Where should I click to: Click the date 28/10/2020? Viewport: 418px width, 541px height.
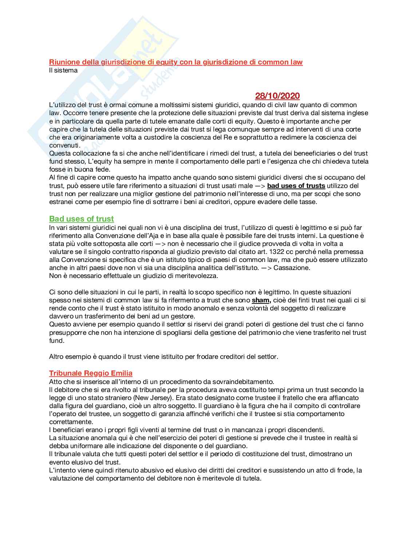[277, 96]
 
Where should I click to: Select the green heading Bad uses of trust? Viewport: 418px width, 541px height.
[82, 219]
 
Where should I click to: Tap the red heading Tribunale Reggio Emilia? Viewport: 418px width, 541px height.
[91, 373]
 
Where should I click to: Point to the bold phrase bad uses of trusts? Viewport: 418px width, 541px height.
[296, 186]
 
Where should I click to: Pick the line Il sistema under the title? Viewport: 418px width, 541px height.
[63, 70]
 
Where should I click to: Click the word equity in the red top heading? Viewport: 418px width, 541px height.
[167, 62]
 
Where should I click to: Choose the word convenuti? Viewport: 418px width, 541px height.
[64, 145]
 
